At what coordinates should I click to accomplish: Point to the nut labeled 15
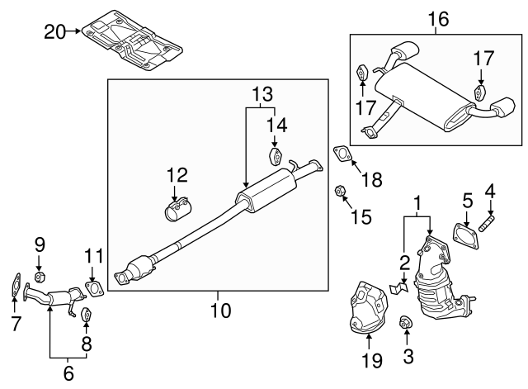pyautogui.click(x=339, y=192)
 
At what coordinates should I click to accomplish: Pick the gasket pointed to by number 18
pyautogui.click(x=342, y=154)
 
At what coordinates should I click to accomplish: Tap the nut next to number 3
pyautogui.click(x=405, y=322)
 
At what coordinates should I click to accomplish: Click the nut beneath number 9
pyautogui.click(x=39, y=275)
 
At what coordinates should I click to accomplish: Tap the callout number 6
pyautogui.click(x=68, y=373)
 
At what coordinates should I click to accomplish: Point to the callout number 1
pyautogui.click(x=418, y=202)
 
